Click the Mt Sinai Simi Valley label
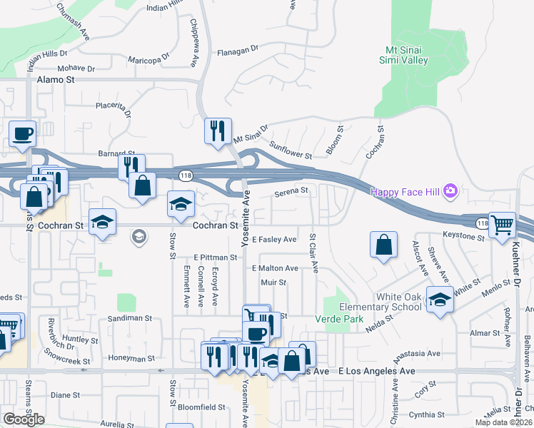pos(407,55)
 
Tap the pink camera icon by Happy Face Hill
pos(450,190)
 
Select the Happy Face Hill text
pos(405,191)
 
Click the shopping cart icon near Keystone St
pos(503,225)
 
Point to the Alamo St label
pos(55,81)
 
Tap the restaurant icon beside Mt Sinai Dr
pos(218,131)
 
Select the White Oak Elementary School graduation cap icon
pos(440,300)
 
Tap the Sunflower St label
pos(291,150)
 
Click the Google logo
pos(24,419)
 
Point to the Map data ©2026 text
pos(503,422)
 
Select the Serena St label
pos(291,190)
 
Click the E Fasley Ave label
pos(274,240)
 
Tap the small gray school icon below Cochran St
pos(141,237)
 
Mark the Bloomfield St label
pos(201,407)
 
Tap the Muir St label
pos(273,282)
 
